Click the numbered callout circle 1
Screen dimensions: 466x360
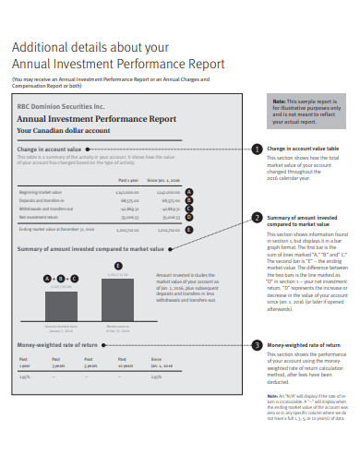coord(256,149)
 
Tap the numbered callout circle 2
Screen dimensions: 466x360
coord(256,218)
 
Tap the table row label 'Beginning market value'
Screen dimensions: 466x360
coord(36,192)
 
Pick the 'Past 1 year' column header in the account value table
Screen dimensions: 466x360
coord(128,181)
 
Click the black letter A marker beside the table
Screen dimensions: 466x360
coord(189,192)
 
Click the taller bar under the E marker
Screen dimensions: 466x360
coord(116,293)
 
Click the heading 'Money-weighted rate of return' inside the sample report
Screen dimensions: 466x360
coord(57,344)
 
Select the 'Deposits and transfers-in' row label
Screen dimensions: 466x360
coord(37,199)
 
